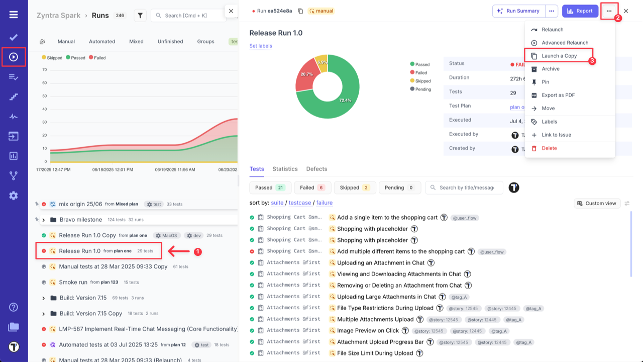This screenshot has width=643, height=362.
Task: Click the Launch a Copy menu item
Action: click(559, 56)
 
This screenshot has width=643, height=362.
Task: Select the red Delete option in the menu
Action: click(549, 148)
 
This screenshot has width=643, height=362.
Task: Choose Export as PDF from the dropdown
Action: click(558, 95)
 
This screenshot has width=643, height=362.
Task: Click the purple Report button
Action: click(580, 11)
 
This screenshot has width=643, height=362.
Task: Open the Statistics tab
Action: click(285, 169)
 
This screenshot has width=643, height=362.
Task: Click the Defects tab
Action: click(316, 169)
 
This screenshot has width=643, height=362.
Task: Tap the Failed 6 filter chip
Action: click(312, 188)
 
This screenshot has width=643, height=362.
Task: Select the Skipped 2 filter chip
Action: click(354, 188)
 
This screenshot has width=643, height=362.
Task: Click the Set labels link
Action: click(261, 46)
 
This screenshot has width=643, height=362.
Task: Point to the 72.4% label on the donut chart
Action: click(345, 101)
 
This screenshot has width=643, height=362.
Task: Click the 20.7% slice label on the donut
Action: click(306, 74)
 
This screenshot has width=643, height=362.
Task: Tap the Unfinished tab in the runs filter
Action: click(170, 42)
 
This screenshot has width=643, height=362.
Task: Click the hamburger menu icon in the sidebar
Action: click(14, 15)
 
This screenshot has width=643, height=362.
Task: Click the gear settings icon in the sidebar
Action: click(14, 196)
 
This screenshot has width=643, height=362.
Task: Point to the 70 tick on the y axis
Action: click(44, 70)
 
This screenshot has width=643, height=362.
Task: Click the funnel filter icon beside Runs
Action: click(140, 16)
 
